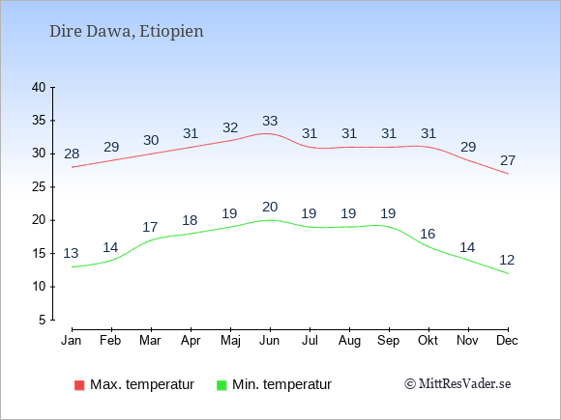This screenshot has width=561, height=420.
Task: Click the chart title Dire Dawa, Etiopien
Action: tap(127, 31)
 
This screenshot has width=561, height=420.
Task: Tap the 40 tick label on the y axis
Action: tap(39, 87)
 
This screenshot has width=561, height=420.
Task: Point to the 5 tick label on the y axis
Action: tap(43, 320)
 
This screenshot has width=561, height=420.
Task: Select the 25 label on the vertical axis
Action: tap(39, 186)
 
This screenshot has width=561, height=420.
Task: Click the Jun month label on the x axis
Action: tap(270, 341)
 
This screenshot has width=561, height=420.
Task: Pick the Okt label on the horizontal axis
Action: tap(428, 341)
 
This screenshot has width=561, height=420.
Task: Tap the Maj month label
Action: tap(230, 341)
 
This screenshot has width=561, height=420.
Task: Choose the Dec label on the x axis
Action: tap(508, 341)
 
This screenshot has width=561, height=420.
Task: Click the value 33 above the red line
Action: tap(270, 121)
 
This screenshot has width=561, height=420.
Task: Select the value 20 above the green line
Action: tap(270, 208)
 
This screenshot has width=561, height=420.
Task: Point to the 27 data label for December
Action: tap(508, 160)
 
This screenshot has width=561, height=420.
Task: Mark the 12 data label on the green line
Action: tap(507, 260)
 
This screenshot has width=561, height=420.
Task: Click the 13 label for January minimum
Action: tap(71, 253)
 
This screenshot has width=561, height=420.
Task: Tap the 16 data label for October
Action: tap(428, 234)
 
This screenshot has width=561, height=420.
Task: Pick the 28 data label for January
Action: tap(72, 154)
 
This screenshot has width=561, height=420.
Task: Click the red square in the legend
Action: tap(79, 385)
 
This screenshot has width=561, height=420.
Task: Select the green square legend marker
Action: tap(221, 385)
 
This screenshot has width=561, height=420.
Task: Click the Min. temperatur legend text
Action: tap(281, 384)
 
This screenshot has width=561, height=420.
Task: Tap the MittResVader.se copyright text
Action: tap(458, 384)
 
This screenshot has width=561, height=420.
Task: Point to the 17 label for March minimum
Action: tap(150, 227)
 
